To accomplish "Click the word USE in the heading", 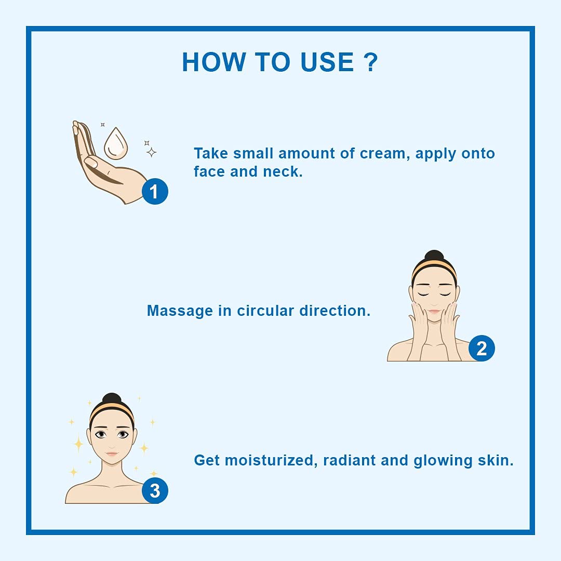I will pos(327,62).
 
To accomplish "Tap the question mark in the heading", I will pos(370,62).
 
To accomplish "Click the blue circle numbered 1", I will pos(155,191).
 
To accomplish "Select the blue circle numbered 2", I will pos(482,348).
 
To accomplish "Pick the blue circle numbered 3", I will pos(155,490).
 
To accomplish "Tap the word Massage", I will pos(180,311).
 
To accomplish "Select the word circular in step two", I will pos(266,311).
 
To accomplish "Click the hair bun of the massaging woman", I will pos(434,257).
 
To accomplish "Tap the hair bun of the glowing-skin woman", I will pos(111,399).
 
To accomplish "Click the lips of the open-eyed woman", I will pos(112,454).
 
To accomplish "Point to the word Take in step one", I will pos(211,154).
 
